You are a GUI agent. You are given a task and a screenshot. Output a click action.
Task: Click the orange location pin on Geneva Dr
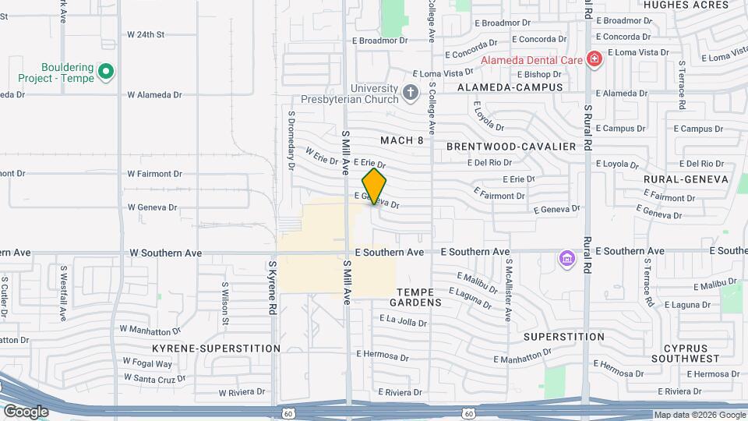tap(375, 186)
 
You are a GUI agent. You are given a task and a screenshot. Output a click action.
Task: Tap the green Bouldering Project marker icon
tap(107, 73)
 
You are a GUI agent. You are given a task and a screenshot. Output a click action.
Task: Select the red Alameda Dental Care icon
tap(594, 59)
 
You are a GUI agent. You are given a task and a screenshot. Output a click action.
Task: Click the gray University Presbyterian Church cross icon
tap(411, 94)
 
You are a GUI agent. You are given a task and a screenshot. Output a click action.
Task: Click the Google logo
tap(26, 411)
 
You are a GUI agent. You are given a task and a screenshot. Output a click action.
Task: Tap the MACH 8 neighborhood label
tap(402, 140)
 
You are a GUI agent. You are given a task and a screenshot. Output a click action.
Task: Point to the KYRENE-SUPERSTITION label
tap(216, 348)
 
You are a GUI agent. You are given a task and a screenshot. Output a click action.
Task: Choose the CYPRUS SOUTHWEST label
tap(685, 353)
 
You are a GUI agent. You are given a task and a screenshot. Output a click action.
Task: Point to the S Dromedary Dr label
tap(291, 140)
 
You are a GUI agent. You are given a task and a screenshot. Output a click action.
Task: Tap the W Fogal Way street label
tap(147, 363)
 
